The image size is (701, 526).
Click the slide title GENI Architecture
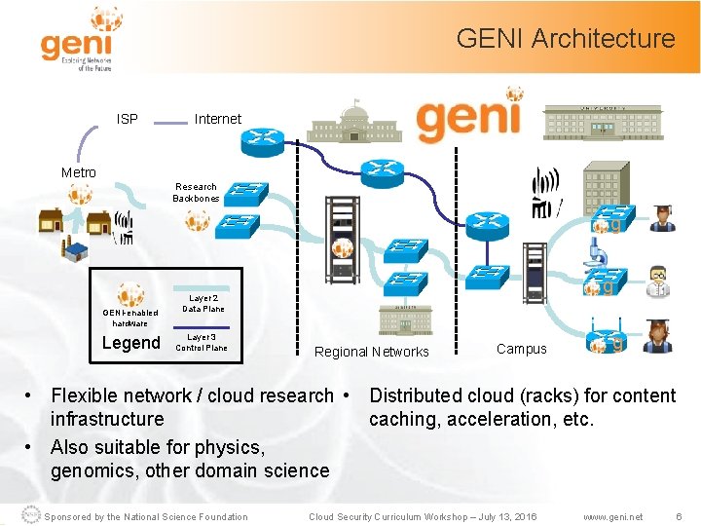click(x=565, y=39)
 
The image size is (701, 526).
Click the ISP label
click(x=128, y=119)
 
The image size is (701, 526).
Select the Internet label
click(x=218, y=119)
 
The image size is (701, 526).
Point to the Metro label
click(x=79, y=172)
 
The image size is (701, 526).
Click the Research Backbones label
click(x=196, y=192)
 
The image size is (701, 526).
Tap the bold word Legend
click(x=131, y=343)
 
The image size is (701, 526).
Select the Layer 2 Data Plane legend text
click(x=203, y=304)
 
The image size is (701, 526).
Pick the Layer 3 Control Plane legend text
click(x=202, y=342)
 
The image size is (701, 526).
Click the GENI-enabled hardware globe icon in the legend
click(x=130, y=294)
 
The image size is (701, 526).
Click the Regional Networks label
click(x=372, y=352)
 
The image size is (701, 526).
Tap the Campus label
click(x=522, y=349)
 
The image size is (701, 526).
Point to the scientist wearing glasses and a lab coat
click(x=659, y=281)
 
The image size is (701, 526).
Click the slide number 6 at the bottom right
click(x=680, y=516)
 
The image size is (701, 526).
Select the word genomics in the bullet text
click(x=90, y=470)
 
